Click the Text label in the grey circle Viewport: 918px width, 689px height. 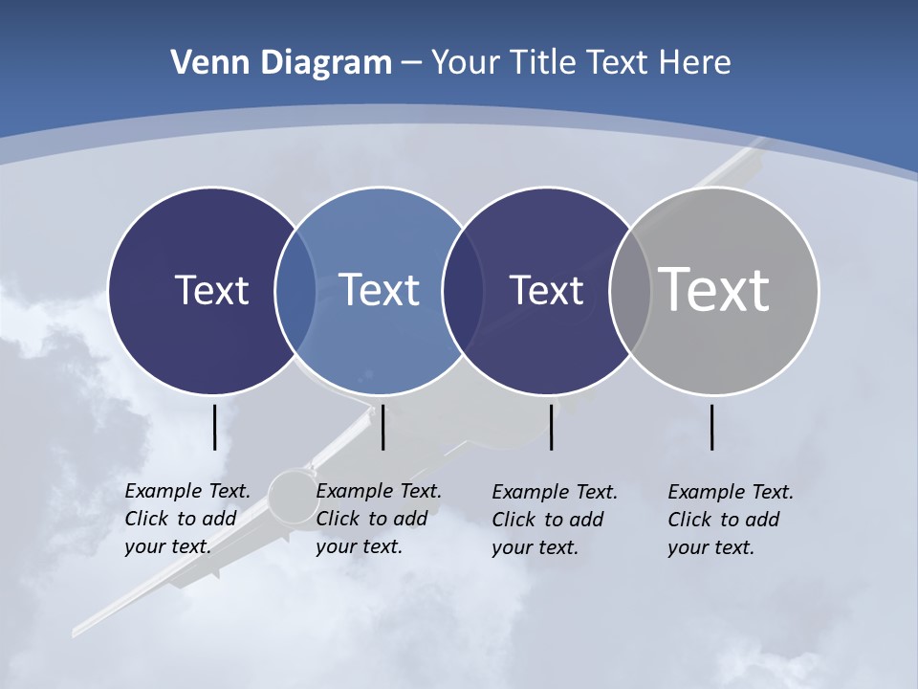tap(714, 289)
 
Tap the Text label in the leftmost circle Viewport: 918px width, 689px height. tap(211, 290)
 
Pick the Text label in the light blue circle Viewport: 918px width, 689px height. tap(379, 290)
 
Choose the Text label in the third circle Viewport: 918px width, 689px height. tap(546, 290)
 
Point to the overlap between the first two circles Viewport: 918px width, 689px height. tap(295, 291)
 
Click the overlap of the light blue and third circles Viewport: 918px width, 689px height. tap(463, 291)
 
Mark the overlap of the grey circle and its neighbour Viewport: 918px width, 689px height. tap(629, 291)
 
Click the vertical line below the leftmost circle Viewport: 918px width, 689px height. tap(214, 427)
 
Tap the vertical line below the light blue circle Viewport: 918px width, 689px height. tap(382, 427)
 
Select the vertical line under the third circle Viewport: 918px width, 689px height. tap(551, 427)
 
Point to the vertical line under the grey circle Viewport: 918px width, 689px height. tap(711, 427)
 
